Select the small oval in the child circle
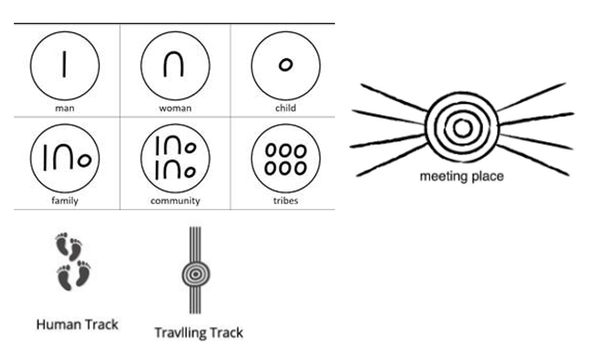pyautogui.click(x=286, y=64)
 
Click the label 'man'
pyautogui.click(x=64, y=108)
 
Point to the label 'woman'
pyautogui.click(x=175, y=108)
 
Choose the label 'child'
pyautogui.click(x=286, y=108)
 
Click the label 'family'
pyautogui.click(x=64, y=200)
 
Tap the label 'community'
pyautogui.click(x=175, y=200)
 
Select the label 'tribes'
pyautogui.click(x=286, y=200)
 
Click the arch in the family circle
pyautogui.click(x=64, y=158)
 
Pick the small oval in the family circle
pyautogui.click(x=84, y=160)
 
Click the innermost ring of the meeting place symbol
pyautogui.click(x=462, y=128)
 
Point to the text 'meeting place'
pyautogui.click(x=461, y=176)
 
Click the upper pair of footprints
pyautogui.click(x=69, y=247)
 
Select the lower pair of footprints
pyautogui.click(x=73, y=276)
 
